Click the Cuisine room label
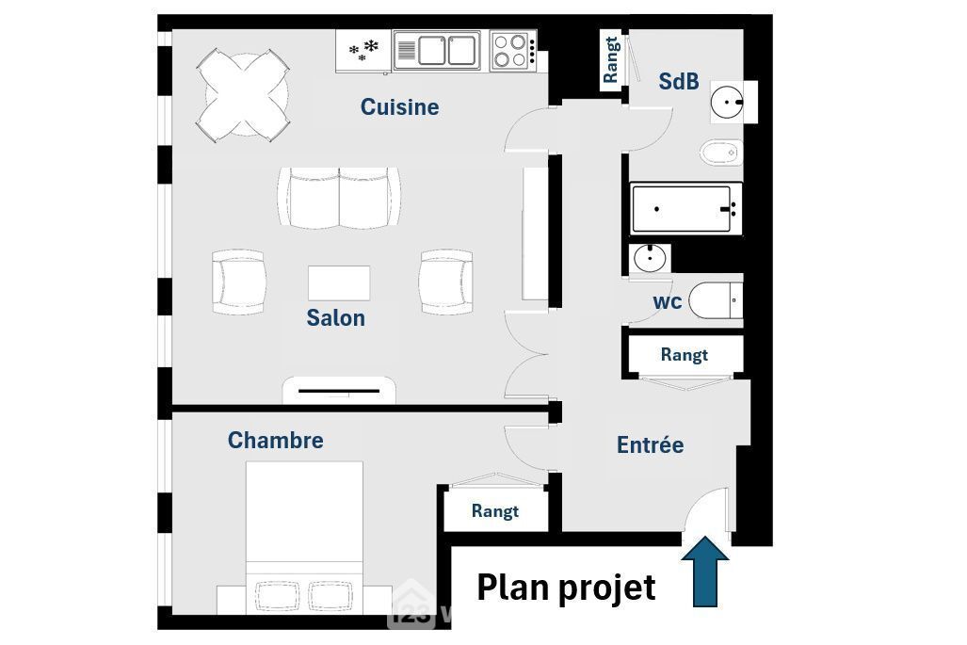[x=399, y=106]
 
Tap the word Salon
[x=335, y=317]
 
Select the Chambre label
[x=276, y=440]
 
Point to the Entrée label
[x=650, y=444]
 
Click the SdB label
[x=678, y=81]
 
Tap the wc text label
[x=668, y=301]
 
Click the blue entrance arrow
[x=705, y=572]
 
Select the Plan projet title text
[x=566, y=587]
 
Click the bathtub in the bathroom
[x=685, y=208]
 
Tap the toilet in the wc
[x=716, y=300]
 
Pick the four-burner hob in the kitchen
[x=513, y=51]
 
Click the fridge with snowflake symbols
[x=363, y=51]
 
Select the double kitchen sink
[x=437, y=51]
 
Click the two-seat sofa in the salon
[x=339, y=198]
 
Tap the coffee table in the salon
[x=339, y=283]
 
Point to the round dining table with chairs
[x=243, y=96]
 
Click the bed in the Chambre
[x=304, y=538]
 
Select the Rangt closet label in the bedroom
[x=494, y=511]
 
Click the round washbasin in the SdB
[x=728, y=102]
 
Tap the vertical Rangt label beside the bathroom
[x=610, y=60]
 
